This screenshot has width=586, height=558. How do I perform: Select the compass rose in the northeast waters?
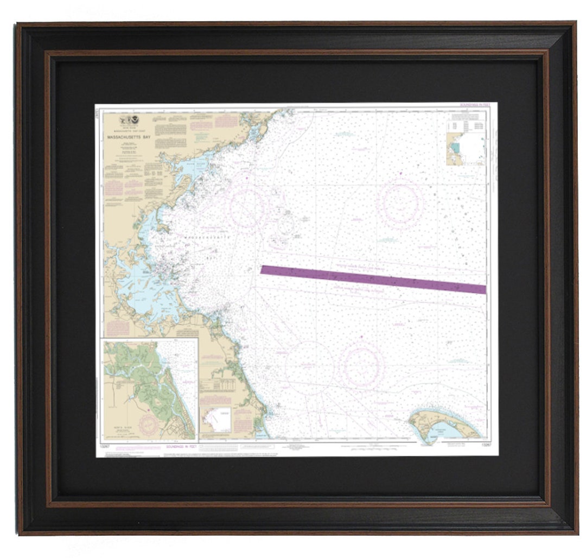[402, 202]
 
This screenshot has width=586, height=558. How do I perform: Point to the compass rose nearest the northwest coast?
[247, 207]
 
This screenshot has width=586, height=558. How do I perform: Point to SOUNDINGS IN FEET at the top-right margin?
[475, 105]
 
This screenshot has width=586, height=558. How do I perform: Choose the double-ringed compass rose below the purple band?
[362, 365]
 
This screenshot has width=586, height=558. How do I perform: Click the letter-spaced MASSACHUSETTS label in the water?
[207, 238]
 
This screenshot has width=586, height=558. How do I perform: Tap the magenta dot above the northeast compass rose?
[400, 173]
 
